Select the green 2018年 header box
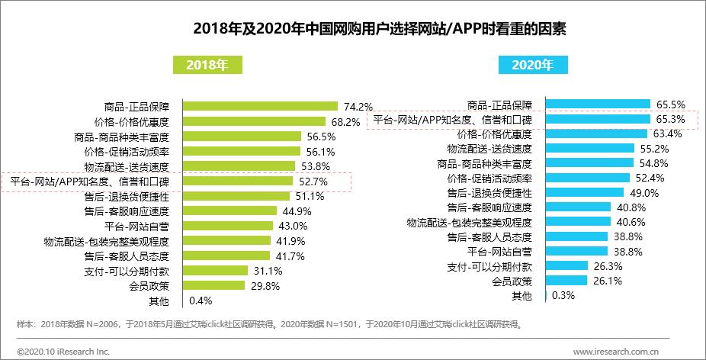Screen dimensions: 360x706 pyautogui.click(x=207, y=65)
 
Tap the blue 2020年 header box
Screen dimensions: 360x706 pyautogui.click(x=533, y=65)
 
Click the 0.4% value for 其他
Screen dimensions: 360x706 pyautogui.click(x=199, y=301)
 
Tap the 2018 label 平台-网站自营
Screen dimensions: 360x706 pyautogui.click(x=136, y=226)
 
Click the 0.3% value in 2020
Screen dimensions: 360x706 pyautogui.click(x=563, y=296)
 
